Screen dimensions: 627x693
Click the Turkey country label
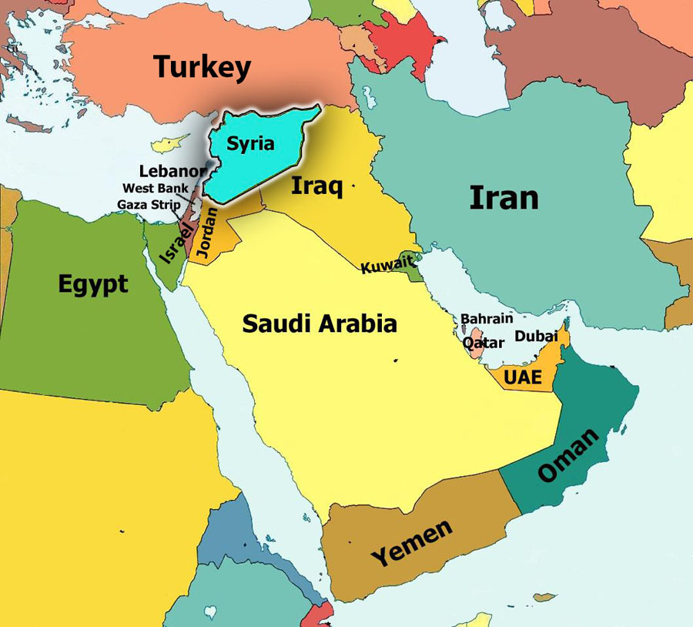(x=202, y=67)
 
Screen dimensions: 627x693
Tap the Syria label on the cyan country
(x=250, y=143)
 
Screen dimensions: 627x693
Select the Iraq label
(x=316, y=186)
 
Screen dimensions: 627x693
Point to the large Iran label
(x=504, y=198)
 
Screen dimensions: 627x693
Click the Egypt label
(x=92, y=285)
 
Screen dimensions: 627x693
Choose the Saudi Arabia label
(x=320, y=323)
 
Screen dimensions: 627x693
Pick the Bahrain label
(x=487, y=318)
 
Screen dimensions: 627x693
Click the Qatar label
(x=484, y=343)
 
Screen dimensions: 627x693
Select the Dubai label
(x=536, y=337)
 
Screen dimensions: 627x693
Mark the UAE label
(x=523, y=377)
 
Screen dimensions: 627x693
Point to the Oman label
(x=568, y=455)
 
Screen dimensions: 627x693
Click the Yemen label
(x=412, y=543)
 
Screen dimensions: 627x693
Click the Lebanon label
(x=172, y=171)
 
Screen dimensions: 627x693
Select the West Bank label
(x=155, y=188)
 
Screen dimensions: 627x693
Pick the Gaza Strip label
(x=149, y=204)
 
